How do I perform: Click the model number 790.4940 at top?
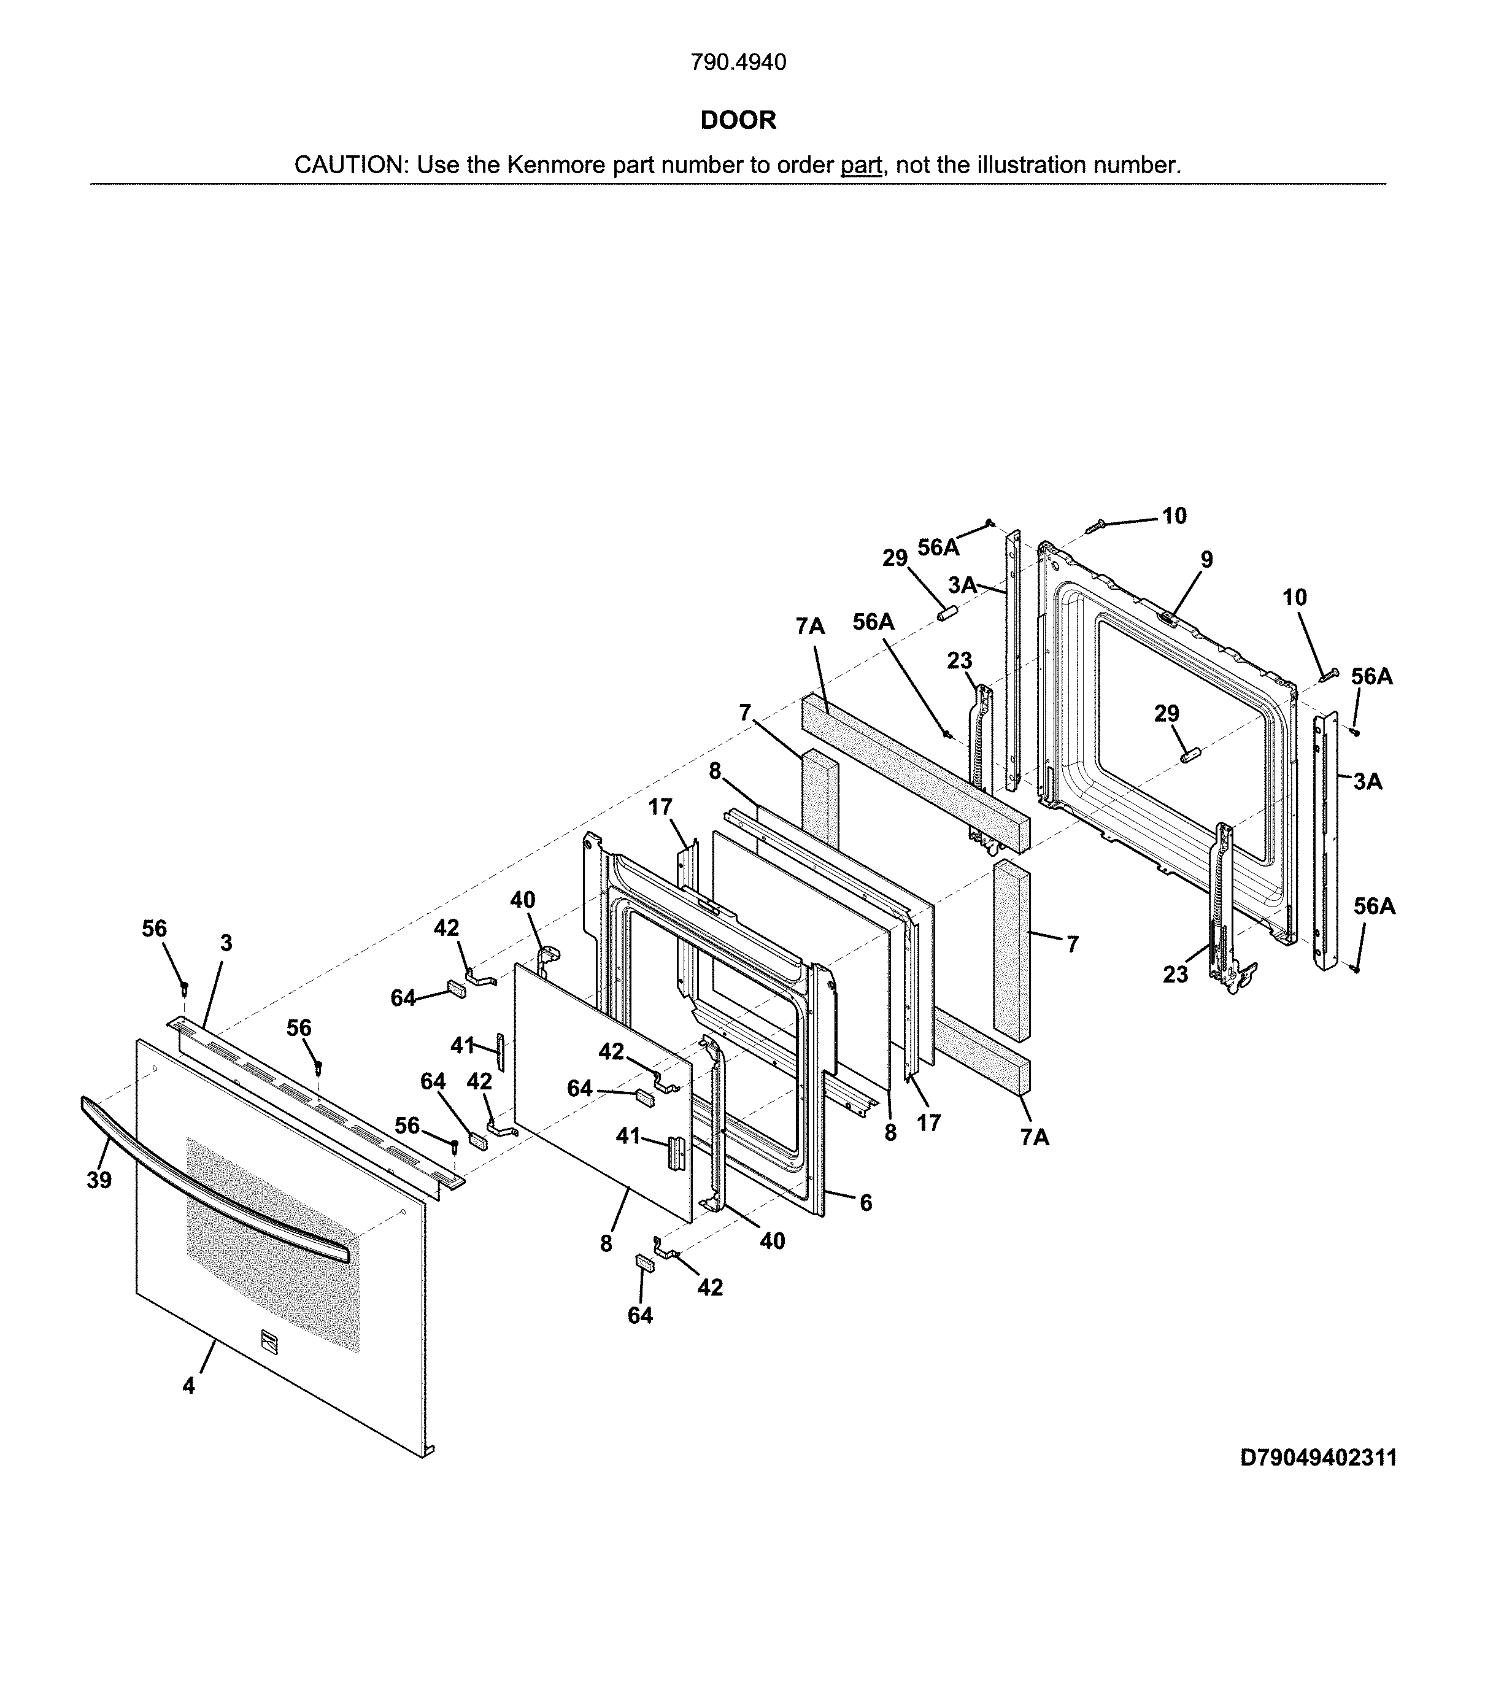738,62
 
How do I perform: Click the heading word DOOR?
738,120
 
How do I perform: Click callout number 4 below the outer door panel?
189,1384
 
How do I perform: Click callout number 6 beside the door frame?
865,1202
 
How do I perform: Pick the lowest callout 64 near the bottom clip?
640,1315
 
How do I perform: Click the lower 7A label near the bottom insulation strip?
1034,1138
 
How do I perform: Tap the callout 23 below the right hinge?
1175,975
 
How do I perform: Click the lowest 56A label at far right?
1374,906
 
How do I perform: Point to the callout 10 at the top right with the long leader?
1174,516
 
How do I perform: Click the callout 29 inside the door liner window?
1166,714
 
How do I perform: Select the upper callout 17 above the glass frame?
660,806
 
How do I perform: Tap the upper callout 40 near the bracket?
522,899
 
